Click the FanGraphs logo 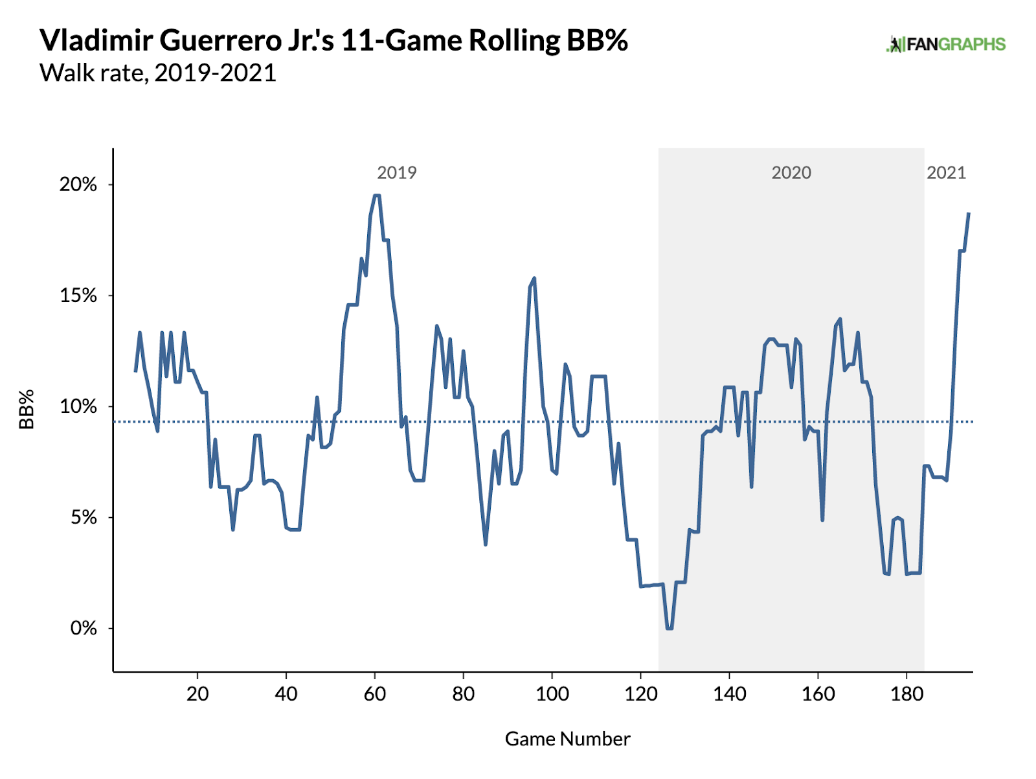945,44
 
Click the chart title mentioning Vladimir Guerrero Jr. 333,40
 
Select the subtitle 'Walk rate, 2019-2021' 158,73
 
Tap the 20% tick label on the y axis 78,185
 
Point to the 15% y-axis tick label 78,296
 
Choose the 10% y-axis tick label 78,407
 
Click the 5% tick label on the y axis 83,518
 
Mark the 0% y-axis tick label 83,629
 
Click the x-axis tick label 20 197,694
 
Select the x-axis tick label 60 375,694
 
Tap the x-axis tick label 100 552,694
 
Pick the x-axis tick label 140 729,694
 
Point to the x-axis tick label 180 906,694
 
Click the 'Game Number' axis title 567,739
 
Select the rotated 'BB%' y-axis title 27,409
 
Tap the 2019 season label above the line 396,173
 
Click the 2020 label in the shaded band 791,173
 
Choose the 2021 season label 946,173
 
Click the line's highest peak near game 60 377,195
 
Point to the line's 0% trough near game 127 669,628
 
